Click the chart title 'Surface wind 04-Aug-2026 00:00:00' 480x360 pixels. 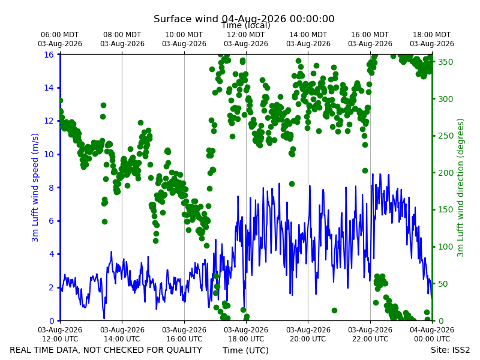click(x=244, y=19)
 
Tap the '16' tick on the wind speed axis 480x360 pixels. click(x=49, y=55)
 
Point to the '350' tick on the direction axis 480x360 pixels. click(x=445, y=62)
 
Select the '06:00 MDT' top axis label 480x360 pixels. click(x=60, y=35)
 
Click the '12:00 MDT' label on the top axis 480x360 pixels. click(x=246, y=35)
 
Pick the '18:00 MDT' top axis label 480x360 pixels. click(x=431, y=35)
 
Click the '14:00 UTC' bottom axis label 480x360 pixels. click(x=122, y=339)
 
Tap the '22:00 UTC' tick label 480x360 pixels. click(x=370, y=339)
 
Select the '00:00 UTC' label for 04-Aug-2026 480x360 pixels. click(x=432, y=339)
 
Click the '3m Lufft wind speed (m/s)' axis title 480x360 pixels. click(x=35, y=187)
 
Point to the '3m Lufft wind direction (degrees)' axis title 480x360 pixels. click(x=460, y=188)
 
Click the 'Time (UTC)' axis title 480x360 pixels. click(x=245, y=350)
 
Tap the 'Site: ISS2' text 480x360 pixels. click(x=450, y=350)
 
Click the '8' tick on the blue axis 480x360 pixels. click(x=51, y=188)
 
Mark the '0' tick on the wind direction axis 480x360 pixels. click(x=440, y=321)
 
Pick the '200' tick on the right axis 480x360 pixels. click(x=445, y=173)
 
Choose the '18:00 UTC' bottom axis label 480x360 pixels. click(x=246, y=339)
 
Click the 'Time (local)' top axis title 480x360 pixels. click(x=246, y=25)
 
